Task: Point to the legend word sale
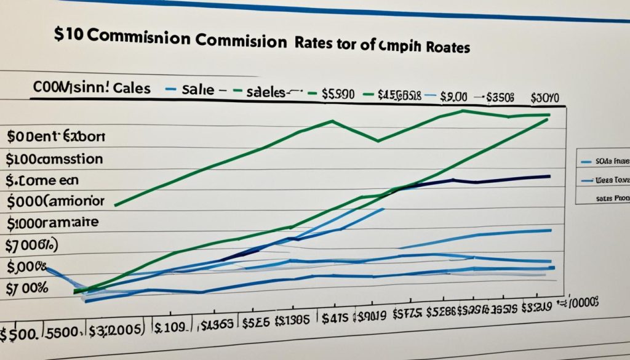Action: click(198, 90)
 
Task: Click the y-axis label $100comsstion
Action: click(54, 159)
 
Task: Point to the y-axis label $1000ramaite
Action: click(52, 223)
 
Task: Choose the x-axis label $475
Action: click(336, 318)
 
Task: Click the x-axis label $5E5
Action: click(257, 321)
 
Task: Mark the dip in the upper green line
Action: click(377, 140)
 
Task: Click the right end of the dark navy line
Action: click(549, 176)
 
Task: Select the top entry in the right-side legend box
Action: click(604, 161)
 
